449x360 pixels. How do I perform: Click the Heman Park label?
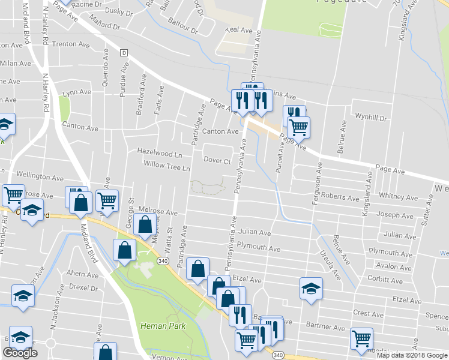[x=163, y=326]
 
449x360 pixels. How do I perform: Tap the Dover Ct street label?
[x=217, y=161]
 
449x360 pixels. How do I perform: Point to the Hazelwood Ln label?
[x=159, y=152]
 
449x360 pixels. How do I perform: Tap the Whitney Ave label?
[x=399, y=197]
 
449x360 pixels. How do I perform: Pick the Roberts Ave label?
[x=340, y=197]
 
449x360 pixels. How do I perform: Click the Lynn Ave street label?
[x=76, y=92]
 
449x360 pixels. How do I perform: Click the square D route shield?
[x=124, y=52]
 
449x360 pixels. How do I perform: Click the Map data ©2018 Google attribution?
[x=412, y=355]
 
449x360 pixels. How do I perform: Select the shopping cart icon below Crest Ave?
[x=361, y=338]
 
